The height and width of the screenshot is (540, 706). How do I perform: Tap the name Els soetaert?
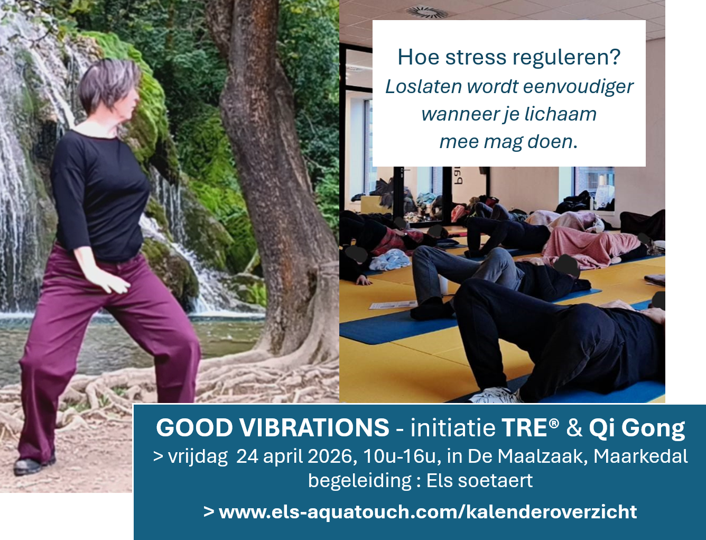(x=479, y=481)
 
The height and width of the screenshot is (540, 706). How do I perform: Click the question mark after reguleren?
(x=615, y=57)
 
